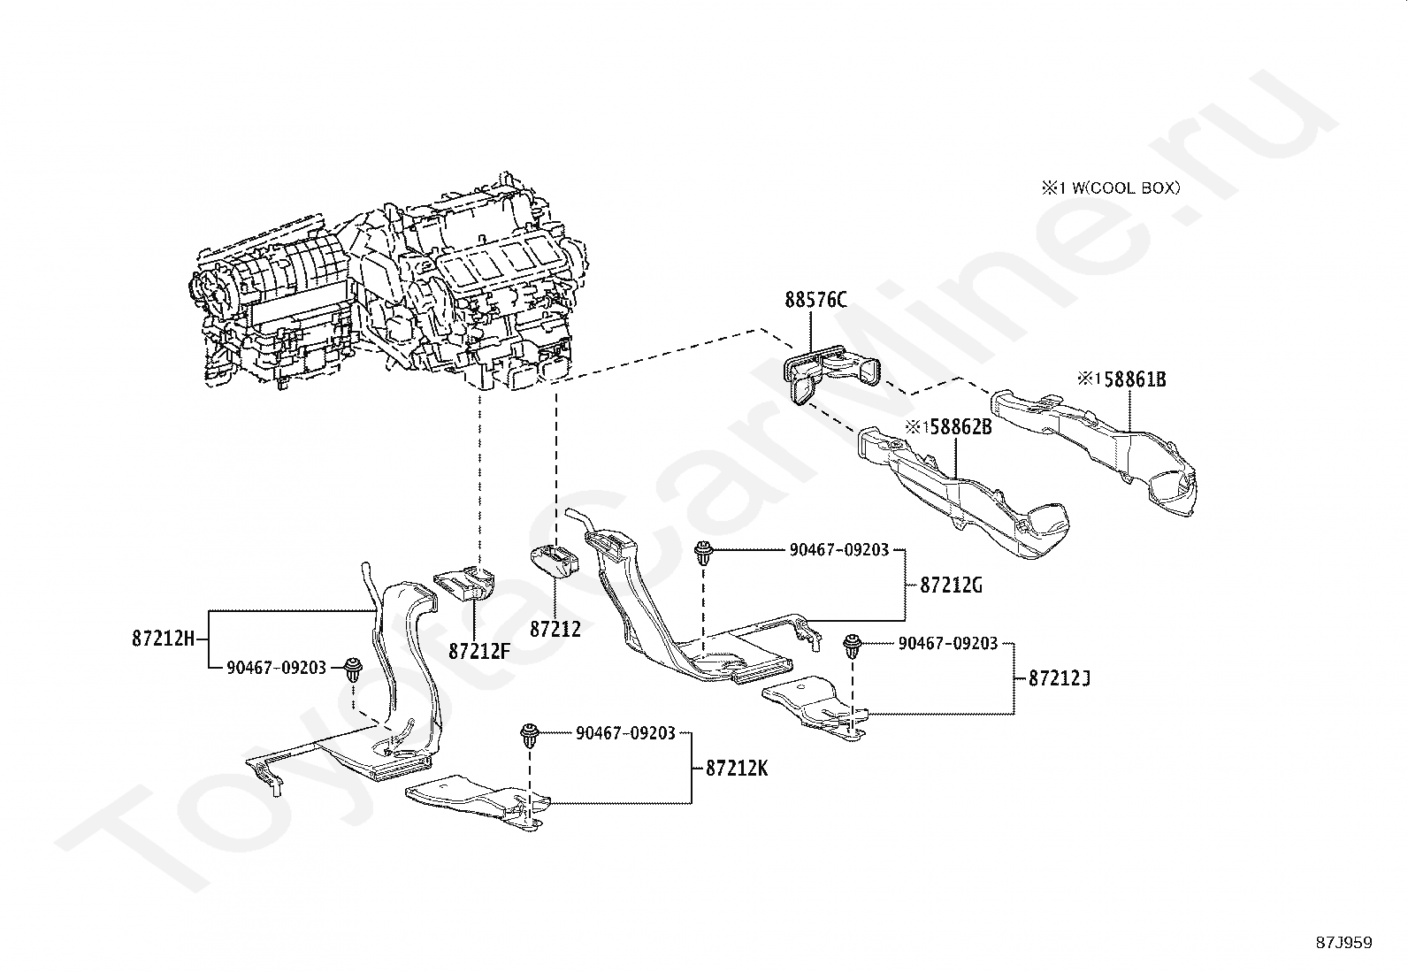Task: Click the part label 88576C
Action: click(815, 300)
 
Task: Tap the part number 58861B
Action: click(1135, 379)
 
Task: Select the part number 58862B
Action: click(960, 427)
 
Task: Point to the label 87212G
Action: click(951, 585)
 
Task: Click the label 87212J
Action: click(1060, 678)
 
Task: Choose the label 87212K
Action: click(737, 769)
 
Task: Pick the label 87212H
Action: click(164, 639)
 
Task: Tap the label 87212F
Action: click(479, 651)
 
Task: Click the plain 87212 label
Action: click(555, 629)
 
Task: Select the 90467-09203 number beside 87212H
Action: click(277, 668)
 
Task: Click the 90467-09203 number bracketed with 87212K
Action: click(625, 733)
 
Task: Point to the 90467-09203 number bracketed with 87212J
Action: click(948, 643)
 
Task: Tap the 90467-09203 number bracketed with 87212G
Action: click(839, 550)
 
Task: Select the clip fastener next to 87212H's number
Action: click(355, 670)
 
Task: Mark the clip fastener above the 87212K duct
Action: click(530, 736)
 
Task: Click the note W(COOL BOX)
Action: click(1126, 188)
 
